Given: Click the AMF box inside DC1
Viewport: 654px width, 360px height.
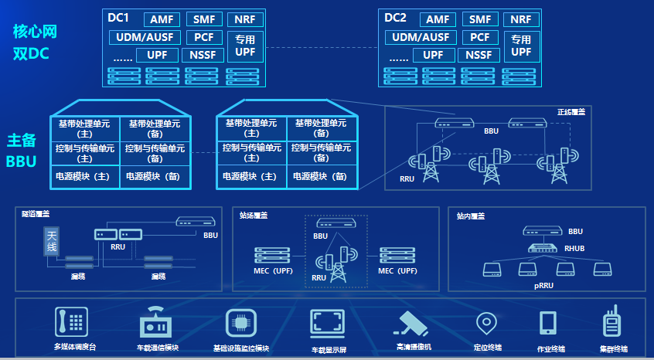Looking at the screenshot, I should click(162, 19).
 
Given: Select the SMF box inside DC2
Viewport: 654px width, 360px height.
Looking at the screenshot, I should click(480, 19).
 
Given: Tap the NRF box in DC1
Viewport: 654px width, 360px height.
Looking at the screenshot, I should click(246, 19).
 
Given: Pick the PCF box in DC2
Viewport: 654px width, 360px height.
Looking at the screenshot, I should click(480, 37).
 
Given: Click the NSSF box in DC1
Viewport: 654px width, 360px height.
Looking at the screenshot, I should click(203, 55).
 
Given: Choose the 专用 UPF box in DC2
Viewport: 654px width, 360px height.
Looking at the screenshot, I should click(522, 46).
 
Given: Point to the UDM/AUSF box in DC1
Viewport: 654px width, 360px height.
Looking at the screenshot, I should click(145, 37).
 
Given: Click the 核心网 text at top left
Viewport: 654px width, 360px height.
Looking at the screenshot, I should click(35, 32).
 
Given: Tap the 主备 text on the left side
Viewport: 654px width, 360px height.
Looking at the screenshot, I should click(22, 141).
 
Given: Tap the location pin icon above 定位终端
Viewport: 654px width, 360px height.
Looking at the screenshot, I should click(485, 322).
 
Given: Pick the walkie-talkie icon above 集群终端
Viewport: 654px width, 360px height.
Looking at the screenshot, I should click(613, 321).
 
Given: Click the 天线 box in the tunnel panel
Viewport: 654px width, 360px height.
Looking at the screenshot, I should click(52, 241).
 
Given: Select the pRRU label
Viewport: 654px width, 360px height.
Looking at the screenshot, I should click(543, 285).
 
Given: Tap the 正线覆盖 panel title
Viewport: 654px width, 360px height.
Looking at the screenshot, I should click(571, 112).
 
